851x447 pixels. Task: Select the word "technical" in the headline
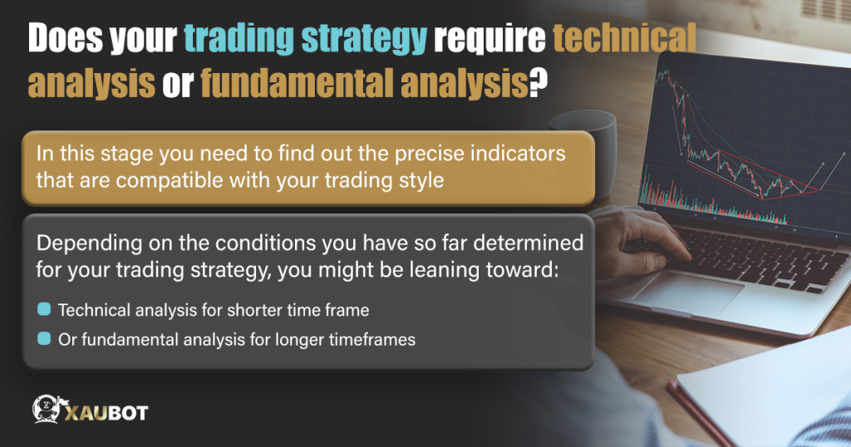(602, 40)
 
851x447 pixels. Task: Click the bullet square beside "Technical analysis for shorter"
(44, 310)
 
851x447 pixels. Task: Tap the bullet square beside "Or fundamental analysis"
(44, 339)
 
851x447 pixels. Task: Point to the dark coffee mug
(593, 137)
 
